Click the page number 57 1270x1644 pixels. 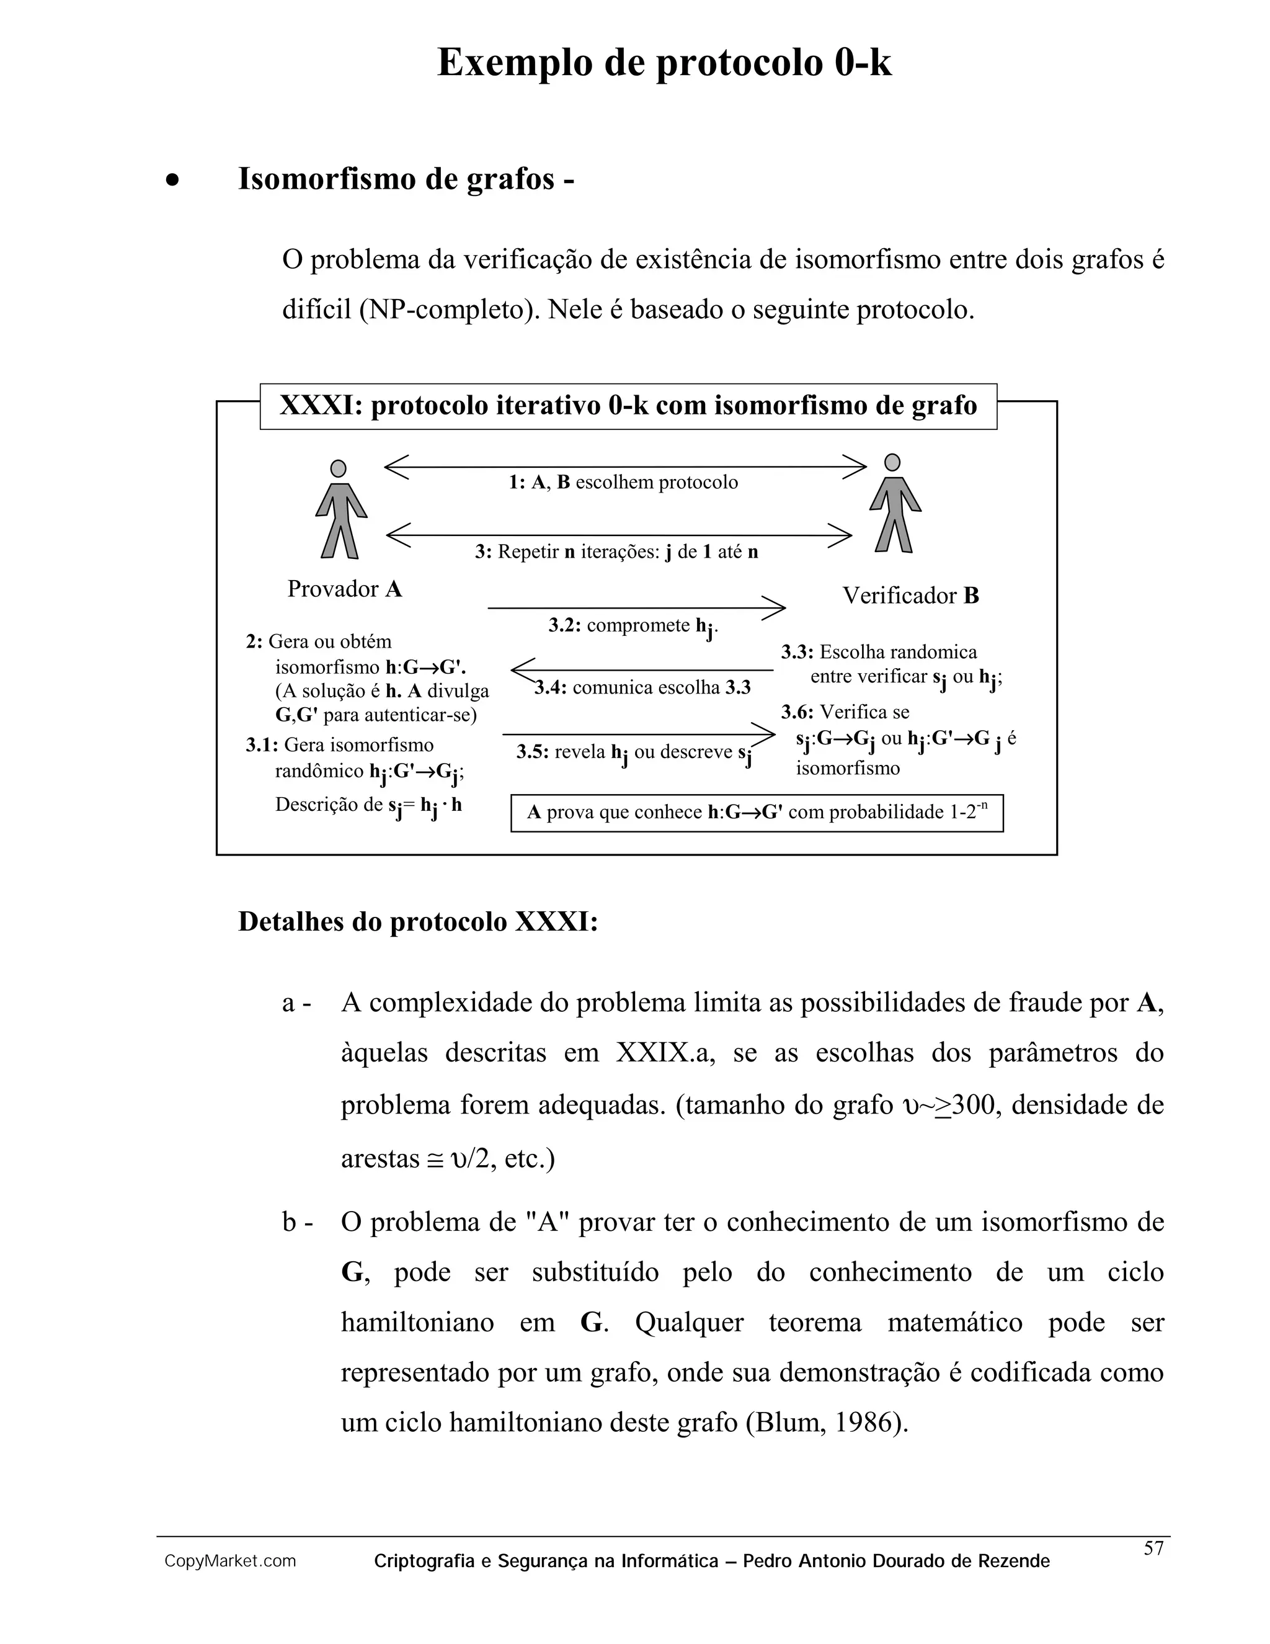coord(1153,1548)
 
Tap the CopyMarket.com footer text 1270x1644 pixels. coord(230,1561)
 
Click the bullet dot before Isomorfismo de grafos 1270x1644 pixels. coord(173,181)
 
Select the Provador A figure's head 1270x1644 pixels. coord(339,469)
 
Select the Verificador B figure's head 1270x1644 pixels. coord(892,462)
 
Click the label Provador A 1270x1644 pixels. coord(345,589)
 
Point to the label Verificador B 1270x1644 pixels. coord(910,596)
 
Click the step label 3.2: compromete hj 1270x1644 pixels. coord(632,627)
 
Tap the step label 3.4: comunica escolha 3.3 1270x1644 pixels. coord(642,687)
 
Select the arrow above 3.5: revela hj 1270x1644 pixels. coord(638,733)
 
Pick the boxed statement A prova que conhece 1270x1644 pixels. coord(757,812)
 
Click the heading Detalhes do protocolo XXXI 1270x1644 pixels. coord(417,921)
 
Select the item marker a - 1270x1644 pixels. coord(296,1003)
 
